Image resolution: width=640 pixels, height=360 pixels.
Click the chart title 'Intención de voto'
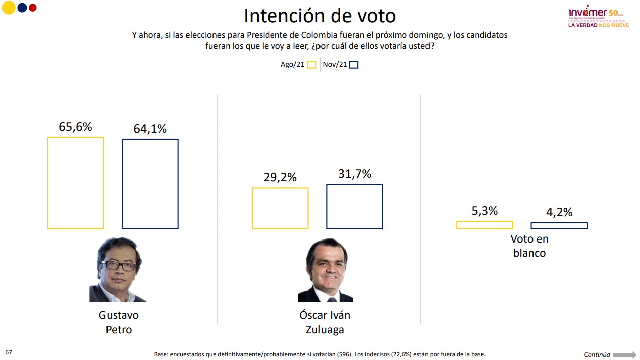coord(319,16)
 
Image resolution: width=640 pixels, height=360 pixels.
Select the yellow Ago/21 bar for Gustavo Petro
coord(75,183)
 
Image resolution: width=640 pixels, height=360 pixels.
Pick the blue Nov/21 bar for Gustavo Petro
coord(150,184)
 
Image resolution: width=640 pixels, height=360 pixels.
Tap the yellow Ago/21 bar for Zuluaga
coord(280,208)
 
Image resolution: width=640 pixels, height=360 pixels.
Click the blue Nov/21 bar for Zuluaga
coord(354,206)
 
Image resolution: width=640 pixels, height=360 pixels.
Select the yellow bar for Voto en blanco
coord(484,225)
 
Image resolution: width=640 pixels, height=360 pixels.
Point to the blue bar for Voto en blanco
coord(559,225)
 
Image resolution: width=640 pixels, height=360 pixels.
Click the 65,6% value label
coord(75,127)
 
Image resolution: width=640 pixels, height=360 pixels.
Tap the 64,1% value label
coord(150,129)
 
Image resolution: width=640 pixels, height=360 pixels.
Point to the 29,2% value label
coord(280,177)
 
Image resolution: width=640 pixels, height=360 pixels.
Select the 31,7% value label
coord(354,174)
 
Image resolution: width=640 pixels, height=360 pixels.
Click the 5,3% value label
coord(484,211)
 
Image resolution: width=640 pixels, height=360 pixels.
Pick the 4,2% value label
coord(559,212)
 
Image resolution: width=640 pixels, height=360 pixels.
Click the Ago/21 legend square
coord(311,65)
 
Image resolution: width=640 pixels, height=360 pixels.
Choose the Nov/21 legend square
coord(353,65)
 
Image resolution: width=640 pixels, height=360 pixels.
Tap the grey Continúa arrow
coord(624,354)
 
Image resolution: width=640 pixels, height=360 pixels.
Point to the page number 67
coord(8,352)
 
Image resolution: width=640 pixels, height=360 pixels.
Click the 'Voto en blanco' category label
coord(529,246)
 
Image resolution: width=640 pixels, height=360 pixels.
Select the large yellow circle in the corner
coord(9,8)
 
